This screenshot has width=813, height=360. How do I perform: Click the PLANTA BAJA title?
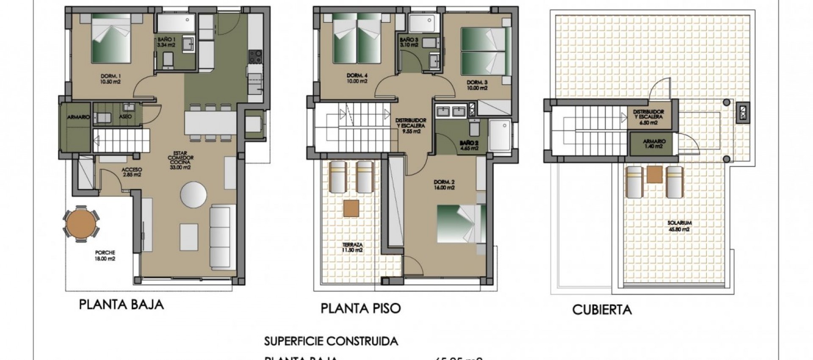pyautogui.click(x=121, y=305)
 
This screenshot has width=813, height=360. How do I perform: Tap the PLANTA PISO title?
pyautogui.click(x=360, y=308)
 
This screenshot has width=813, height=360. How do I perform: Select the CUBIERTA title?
pyautogui.click(x=601, y=310)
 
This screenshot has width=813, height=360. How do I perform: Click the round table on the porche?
pyautogui.click(x=82, y=224)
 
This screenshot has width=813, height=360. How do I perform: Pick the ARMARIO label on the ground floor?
pyautogui.click(x=79, y=117)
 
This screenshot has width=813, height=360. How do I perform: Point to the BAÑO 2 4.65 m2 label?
pyautogui.click(x=469, y=146)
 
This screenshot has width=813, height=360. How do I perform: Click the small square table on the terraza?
pyautogui.click(x=351, y=208)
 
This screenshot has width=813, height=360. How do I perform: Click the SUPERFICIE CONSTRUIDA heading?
pyautogui.click(x=331, y=341)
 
